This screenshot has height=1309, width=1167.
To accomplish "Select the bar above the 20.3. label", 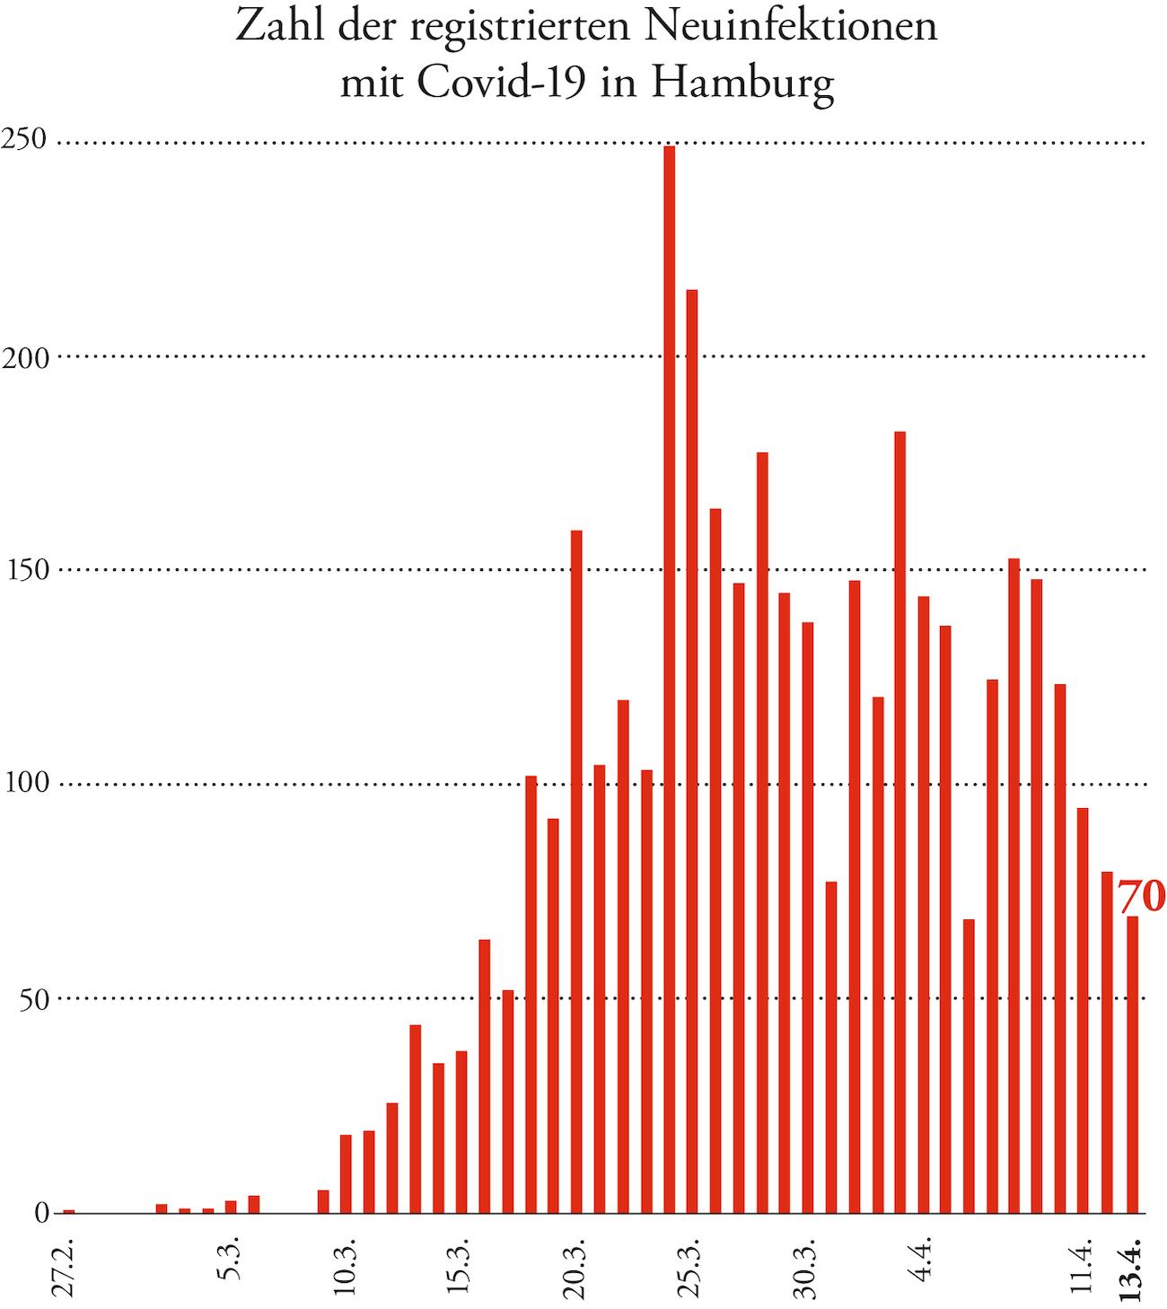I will [576, 871].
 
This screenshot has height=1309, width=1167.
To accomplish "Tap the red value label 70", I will [1141, 896].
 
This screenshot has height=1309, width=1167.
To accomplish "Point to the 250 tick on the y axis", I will [23, 142].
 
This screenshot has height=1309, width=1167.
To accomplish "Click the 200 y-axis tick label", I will [23, 356].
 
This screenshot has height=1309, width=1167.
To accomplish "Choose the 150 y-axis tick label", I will [23, 570].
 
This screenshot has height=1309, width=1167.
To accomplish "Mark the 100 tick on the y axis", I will [23, 785].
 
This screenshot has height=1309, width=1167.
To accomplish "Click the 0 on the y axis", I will [41, 1213].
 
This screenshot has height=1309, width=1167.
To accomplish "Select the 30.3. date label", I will [807, 1268].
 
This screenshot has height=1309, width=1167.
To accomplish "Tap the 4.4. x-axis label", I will [924, 1263].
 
